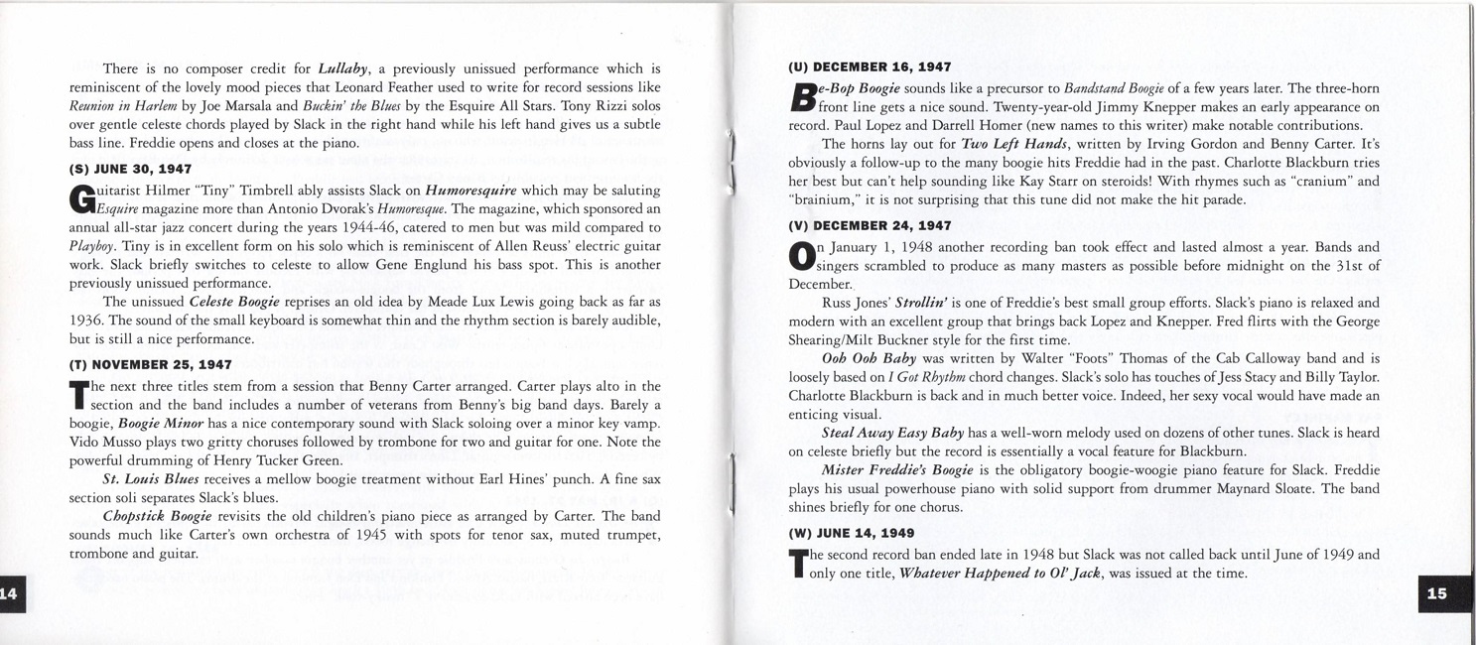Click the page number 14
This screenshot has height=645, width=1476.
pos(9,593)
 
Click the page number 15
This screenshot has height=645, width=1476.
pos(1436,593)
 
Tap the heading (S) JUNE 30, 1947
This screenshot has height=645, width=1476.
pos(130,169)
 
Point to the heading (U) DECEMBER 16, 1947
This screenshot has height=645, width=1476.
pos(870,67)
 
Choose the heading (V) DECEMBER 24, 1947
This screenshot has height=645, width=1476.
pos(870,225)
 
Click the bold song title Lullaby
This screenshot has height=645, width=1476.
pos(343,68)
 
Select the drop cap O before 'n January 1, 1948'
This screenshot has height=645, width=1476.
pos(800,255)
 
